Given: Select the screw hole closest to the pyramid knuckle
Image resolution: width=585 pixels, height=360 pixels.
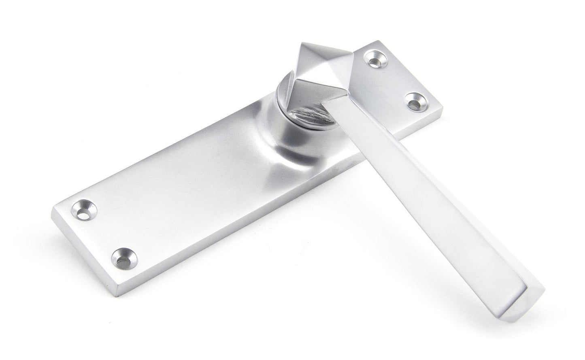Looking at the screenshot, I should click(374, 58).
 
